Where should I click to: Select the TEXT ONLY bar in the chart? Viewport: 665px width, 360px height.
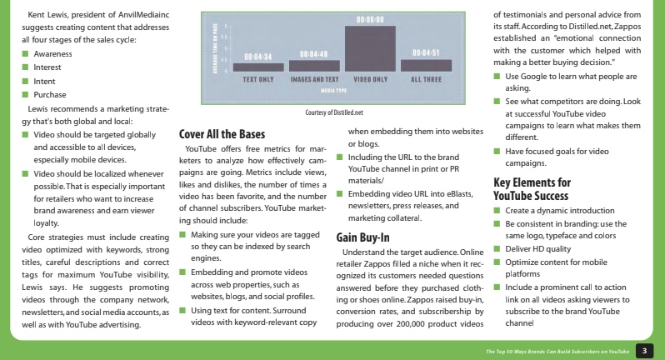258,66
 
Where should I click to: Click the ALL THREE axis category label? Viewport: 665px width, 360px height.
425,79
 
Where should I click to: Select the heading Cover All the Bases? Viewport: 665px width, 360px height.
221,133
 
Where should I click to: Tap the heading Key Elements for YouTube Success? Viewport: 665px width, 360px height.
532,189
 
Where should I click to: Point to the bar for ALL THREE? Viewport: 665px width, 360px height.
425,65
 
